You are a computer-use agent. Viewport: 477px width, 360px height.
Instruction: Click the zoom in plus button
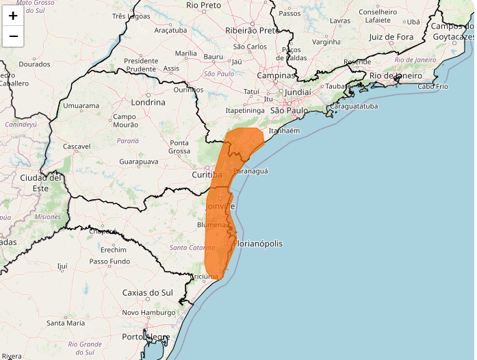(13, 15)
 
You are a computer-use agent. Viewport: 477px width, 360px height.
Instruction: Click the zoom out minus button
(13, 36)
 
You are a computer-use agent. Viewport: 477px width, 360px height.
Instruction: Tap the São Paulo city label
(290, 110)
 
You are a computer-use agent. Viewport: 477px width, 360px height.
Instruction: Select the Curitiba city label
(207, 175)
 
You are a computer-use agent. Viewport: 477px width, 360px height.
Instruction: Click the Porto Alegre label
(145, 337)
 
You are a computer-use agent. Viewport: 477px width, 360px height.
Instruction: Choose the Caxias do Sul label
(147, 292)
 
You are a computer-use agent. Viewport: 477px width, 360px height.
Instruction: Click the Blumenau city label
(213, 224)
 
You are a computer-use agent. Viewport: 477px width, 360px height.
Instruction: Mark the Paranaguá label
(250, 170)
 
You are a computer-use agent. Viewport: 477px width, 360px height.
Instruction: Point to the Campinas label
(276, 75)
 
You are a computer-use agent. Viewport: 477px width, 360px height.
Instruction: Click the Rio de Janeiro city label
(393, 75)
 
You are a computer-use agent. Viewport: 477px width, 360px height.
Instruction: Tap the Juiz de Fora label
(391, 37)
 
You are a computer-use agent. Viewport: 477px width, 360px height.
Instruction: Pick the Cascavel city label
(77, 146)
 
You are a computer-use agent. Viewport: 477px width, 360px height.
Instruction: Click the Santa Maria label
(66, 322)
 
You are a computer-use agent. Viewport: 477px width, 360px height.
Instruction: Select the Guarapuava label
(139, 162)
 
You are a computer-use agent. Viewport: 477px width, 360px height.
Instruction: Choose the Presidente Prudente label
(141, 65)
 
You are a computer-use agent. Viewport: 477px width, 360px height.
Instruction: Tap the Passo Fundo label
(109, 261)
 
